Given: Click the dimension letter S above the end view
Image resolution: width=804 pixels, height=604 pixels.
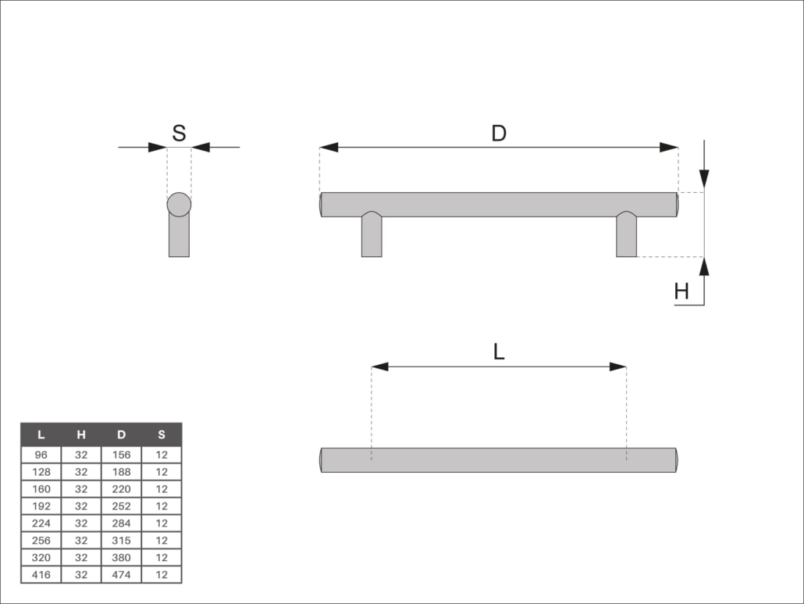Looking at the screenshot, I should [179, 133].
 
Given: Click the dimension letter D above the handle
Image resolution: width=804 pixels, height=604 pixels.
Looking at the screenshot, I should [499, 133].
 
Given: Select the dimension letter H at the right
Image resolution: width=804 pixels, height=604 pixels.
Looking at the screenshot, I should [681, 292].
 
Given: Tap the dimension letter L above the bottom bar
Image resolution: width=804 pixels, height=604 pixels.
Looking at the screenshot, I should [499, 352].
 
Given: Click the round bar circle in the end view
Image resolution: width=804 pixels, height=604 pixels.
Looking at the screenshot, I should [179, 204].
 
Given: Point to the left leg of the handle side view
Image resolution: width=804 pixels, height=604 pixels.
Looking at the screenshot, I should [372, 238].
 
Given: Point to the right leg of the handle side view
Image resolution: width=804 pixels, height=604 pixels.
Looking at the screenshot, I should [626, 238].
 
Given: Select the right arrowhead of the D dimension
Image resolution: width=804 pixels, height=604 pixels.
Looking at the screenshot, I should [668, 147].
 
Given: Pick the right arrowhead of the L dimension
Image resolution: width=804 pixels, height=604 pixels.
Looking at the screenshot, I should [617, 366].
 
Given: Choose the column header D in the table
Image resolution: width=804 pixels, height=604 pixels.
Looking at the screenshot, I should [121, 434].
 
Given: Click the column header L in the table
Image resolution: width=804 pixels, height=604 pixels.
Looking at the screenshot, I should [41, 434].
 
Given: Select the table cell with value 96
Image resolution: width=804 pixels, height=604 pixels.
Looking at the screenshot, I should [41, 454].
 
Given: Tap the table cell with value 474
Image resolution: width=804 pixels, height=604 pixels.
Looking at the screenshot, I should [121, 574].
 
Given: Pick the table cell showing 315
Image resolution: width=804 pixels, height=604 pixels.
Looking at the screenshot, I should [121, 540].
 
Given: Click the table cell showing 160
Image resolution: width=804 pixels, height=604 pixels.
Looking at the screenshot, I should [41, 488].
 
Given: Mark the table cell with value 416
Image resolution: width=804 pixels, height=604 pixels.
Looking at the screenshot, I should [41, 574].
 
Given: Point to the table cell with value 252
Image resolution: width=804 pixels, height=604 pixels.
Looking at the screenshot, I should [121, 506].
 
